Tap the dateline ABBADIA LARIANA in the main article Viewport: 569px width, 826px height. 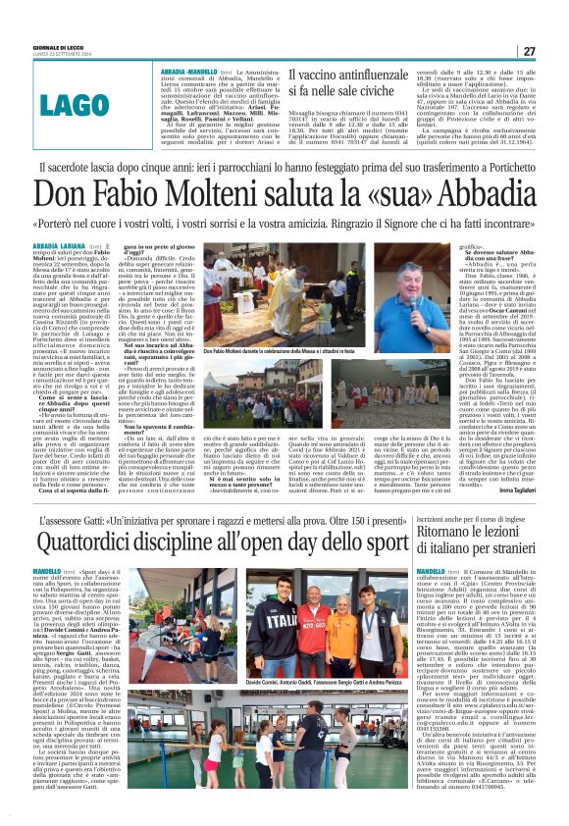tap(58, 244)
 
